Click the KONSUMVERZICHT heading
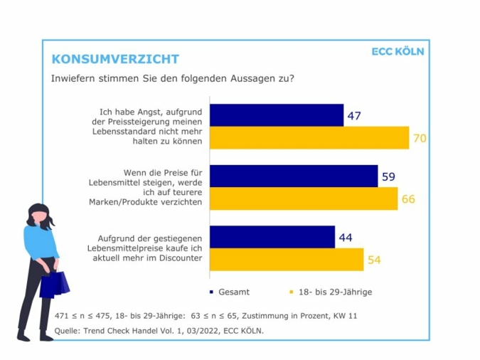(x=115, y=59)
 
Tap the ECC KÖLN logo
(x=398, y=51)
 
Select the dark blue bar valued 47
(x=277, y=115)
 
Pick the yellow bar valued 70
(x=310, y=137)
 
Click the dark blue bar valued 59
(x=294, y=176)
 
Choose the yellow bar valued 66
(x=304, y=198)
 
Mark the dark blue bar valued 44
(x=273, y=237)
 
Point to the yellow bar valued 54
(x=287, y=260)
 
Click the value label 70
(x=420, y=138)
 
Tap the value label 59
(x=388, y=176)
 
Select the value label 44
(x=346, y=238)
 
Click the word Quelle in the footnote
(x=68, y=330)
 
